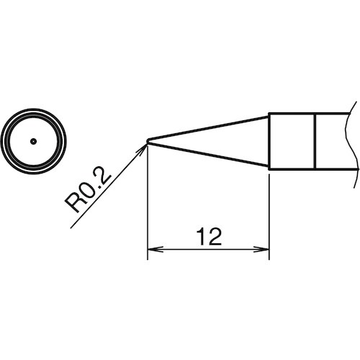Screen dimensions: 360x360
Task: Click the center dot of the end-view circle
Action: click(33, 141)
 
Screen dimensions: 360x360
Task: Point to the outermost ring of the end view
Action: click(33, 110)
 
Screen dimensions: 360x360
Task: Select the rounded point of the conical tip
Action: click(148, 141)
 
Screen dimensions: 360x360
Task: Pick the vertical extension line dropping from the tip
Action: click(147, 202)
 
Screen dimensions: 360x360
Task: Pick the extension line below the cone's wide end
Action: click(269, 216)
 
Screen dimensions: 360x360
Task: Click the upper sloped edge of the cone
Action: click(209, 127)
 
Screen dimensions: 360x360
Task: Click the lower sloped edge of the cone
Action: click(209, 156)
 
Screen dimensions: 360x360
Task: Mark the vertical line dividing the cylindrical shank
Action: click(315, 141)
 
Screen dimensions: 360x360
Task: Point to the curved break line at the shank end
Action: click(353, 141)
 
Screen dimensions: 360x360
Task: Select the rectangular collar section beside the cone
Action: click(292, 141)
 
